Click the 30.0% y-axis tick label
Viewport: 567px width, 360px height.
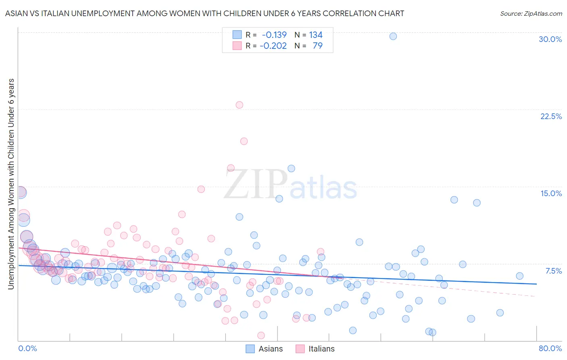tap(550, 39)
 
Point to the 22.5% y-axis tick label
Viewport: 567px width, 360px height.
tap(551, 116)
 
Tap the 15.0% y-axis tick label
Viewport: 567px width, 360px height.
tap(551, 193)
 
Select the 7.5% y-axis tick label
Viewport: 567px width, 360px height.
tap(553, 271)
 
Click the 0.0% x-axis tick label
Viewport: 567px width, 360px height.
tap(27, 348)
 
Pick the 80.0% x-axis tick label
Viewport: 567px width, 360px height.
tap(550, 348)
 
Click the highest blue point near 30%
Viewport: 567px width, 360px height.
tap(393, 36)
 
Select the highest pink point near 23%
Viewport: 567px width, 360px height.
tap(239, 105)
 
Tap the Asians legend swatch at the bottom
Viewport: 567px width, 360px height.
tap(250, 349)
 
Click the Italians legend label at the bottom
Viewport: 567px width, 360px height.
tap(321, 349)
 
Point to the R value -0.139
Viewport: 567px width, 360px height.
tap(274, 35)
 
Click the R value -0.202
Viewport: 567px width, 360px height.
tap(273, 46)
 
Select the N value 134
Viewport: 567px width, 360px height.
tap(316, 35)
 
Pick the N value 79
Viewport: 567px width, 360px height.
tap(318, 46)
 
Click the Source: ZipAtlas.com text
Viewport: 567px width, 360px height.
tap(531, 14)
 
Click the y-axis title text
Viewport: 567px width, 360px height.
tap(11, 184)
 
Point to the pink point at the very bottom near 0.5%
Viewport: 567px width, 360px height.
tap(261, 335)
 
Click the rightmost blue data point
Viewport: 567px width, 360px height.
tap(519, 276)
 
